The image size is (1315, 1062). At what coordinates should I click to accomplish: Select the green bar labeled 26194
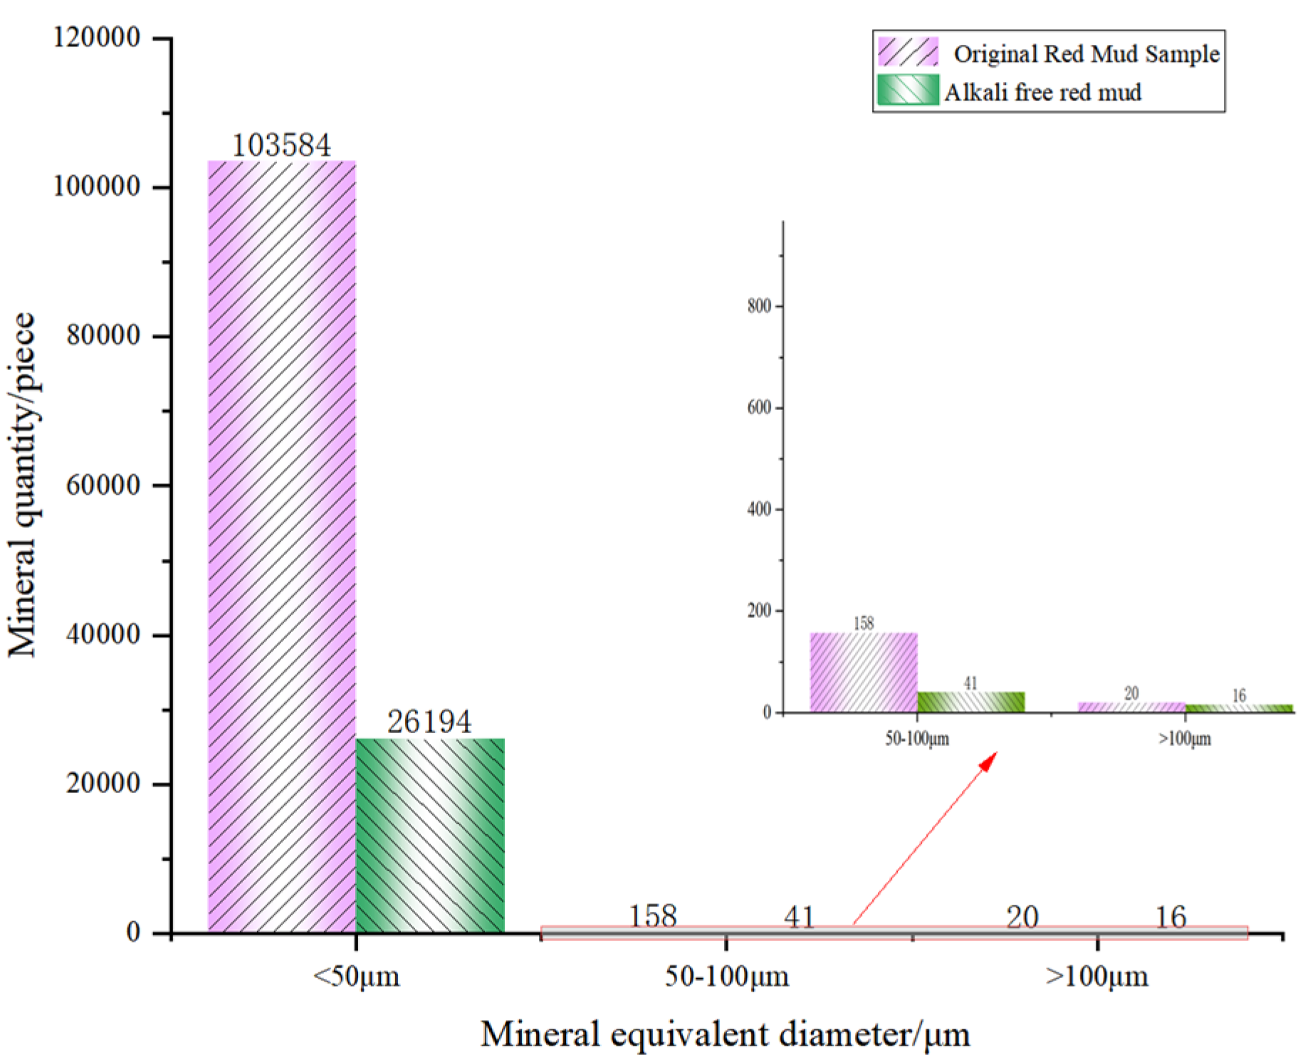(x=430, y=836)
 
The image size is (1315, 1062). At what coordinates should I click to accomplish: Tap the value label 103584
(x=282, y=146)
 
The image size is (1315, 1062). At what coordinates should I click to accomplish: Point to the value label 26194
(x=429, y=722)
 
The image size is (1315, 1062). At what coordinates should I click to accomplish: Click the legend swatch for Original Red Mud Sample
(x=908, y=53)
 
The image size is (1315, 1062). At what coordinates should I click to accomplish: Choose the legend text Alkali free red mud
(x=1043, y=93)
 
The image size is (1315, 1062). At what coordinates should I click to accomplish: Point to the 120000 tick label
(x=97, y=37)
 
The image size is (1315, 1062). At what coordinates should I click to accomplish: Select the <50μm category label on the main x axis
(x=356, y=976)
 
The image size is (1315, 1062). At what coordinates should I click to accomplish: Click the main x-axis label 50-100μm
(x=727, y=976)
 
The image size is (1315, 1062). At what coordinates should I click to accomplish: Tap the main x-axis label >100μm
(x=1096, y=976)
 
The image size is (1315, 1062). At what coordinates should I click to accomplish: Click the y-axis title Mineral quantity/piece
(x=22, y=484)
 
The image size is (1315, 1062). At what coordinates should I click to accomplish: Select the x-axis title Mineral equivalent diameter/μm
(x=725, y=1034)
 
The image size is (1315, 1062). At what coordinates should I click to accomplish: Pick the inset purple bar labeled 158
(x=864, y=673)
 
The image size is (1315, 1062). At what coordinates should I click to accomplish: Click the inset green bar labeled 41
(x=970, y=702)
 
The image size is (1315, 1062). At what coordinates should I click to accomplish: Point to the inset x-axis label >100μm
(x=1185, y=739)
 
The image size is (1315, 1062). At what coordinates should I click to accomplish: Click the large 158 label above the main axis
(x=653, y=917)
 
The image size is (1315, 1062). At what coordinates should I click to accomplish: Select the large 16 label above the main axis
(x=1170, y=918)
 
